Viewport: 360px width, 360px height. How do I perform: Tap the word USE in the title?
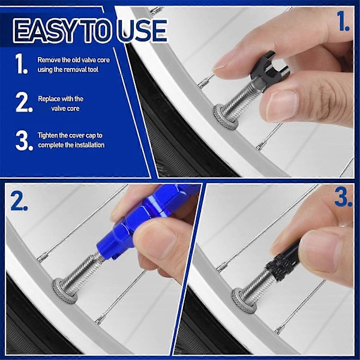click(143, 31)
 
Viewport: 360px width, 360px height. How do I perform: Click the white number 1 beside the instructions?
click(22, 64)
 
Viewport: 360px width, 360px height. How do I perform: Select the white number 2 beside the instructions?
click(24, 103)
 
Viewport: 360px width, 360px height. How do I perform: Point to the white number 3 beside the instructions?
click(24, 140)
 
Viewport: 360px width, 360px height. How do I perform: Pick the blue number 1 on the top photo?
click(343, 21)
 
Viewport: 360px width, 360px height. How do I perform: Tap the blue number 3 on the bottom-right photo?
click(343, 197)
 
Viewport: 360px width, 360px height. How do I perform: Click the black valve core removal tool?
click(270, 71)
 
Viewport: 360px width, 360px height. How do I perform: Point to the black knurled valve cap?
click(284, 261)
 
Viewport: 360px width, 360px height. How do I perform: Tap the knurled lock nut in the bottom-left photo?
click(65, 290)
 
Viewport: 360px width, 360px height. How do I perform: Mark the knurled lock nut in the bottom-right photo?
click(244, 301)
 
